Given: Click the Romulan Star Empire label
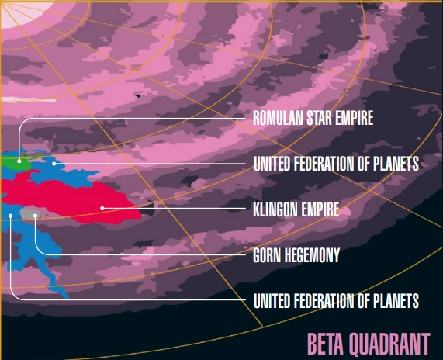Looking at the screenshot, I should point(313,119).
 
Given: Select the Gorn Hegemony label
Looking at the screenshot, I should point(296,254).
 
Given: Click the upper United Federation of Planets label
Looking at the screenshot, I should point(336,164).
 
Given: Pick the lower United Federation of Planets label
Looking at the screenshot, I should point(336,299).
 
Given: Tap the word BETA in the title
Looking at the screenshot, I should point(324,342).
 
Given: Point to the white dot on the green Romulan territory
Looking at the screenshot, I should point(19,161).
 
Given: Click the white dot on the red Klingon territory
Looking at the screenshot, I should point(102,208).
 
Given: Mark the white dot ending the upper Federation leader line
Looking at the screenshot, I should point(54,163).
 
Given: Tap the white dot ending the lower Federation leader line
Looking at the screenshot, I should point(11,215).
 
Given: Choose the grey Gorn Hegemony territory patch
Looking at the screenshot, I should point(29,212).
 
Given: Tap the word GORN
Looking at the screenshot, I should point(267,254).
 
